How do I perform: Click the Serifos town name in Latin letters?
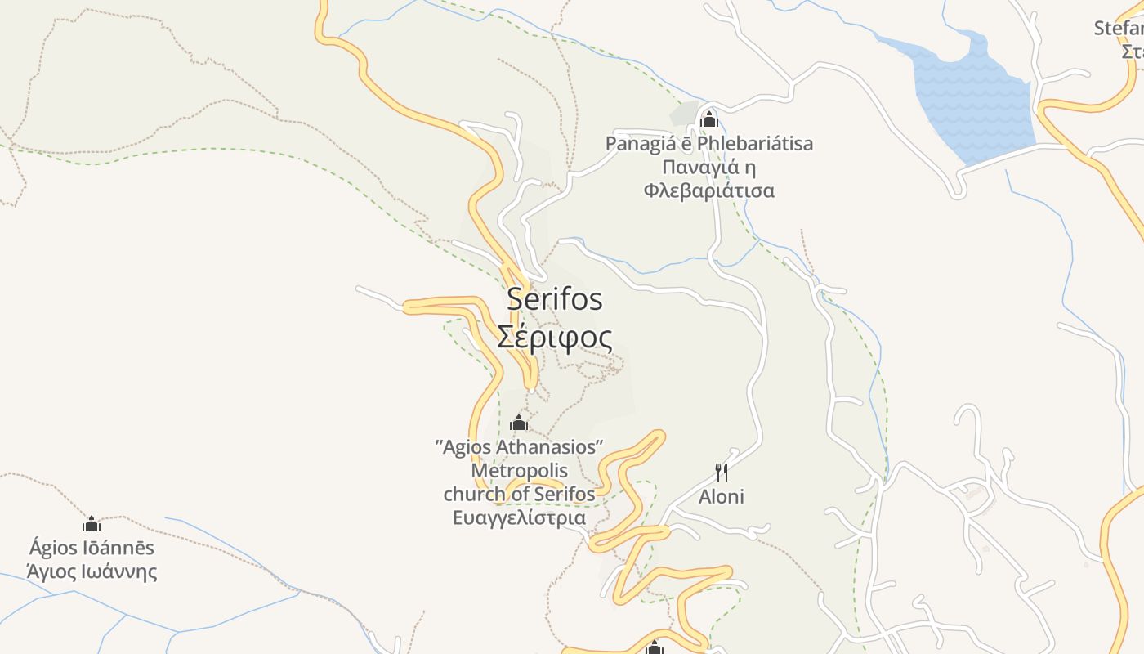pos(555,299)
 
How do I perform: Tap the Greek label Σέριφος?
pos(555,336)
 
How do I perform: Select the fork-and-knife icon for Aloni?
pos(722,472)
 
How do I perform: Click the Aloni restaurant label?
pos(722,496)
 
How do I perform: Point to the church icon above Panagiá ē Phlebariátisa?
pos(708,119)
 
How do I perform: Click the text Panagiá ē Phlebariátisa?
pos(708,144)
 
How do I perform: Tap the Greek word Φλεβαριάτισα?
pos(708,191)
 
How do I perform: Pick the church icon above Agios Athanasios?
pos(518,423)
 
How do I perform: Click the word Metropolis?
pos(519,471)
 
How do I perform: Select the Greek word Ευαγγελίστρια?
pos(519,518)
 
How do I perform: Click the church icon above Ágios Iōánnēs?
pos(92,524)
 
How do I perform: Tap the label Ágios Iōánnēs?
pos(92,548)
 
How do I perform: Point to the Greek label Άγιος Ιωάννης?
pos(92,571)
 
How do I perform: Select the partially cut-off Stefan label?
pos(1119,29)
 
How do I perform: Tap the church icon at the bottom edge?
pos(654,648)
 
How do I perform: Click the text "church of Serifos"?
pos(519,495)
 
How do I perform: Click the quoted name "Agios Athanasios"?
pos(519,447)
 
